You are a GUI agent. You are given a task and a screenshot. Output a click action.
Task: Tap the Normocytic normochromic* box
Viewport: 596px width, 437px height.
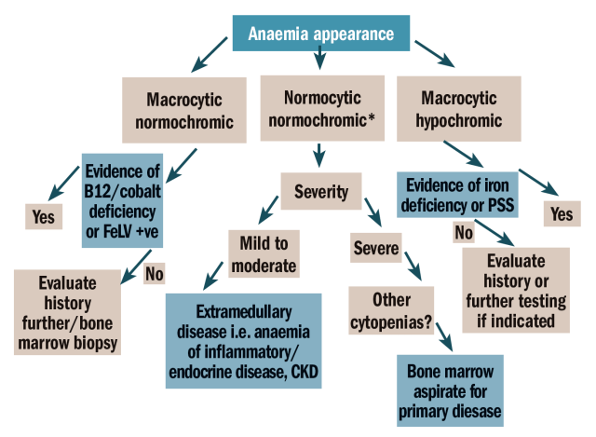(319, 109)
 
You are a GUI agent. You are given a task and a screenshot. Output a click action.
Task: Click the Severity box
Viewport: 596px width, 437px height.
(320, 192)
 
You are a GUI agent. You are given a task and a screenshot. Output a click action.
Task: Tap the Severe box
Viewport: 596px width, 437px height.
(376, 249)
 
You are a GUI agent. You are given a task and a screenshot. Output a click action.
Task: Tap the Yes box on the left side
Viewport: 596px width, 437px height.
(43, 217)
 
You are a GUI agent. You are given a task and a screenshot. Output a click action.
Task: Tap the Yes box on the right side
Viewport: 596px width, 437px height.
(562, 213)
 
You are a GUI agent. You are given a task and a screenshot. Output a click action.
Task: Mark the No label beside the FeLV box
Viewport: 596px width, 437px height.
(156, 275)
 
